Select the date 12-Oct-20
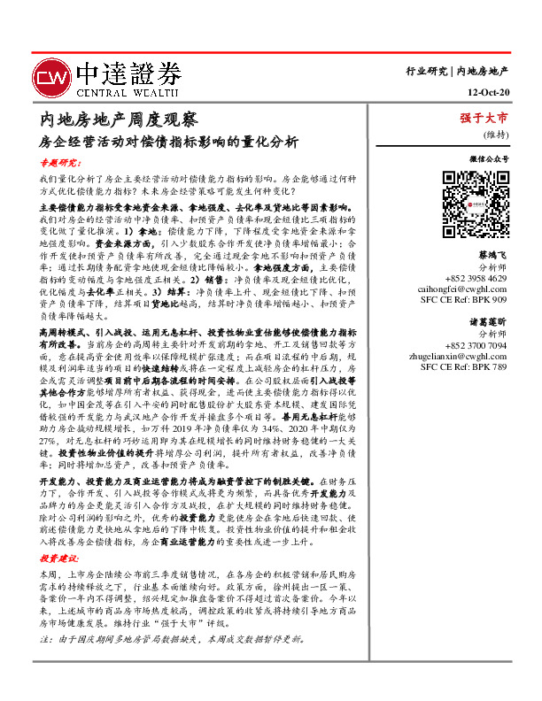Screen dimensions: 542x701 [x=487, y=92]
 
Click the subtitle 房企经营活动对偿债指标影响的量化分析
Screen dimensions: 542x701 [x=169, y=141]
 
